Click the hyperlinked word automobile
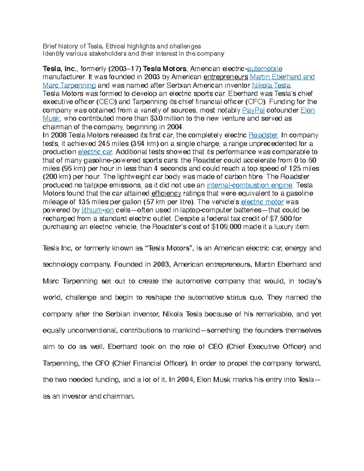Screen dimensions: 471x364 point(265,69)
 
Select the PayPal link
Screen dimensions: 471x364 point(253,110)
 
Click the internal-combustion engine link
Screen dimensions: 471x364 point(249,185)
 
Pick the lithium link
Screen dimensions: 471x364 point(92,210)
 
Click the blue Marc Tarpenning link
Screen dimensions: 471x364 point(69,86)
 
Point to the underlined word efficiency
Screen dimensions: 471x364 point(166,193)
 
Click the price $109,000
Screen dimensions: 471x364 point(226,227)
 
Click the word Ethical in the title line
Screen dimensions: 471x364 point(116,46)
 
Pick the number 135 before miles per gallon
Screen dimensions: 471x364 point(84,202)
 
